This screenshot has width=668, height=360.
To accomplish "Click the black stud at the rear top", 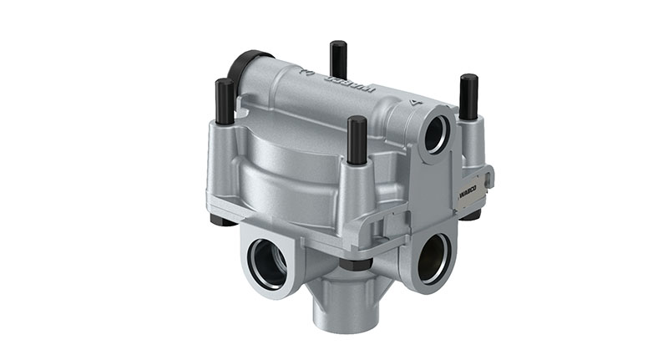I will tap(338, 59).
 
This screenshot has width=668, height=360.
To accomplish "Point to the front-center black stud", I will tap(357, 139).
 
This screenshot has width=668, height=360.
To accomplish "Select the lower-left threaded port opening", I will tap(268, 264).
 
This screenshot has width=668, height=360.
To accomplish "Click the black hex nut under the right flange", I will tap(472, 215).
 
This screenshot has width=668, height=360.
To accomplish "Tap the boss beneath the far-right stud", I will tap(470, 138).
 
